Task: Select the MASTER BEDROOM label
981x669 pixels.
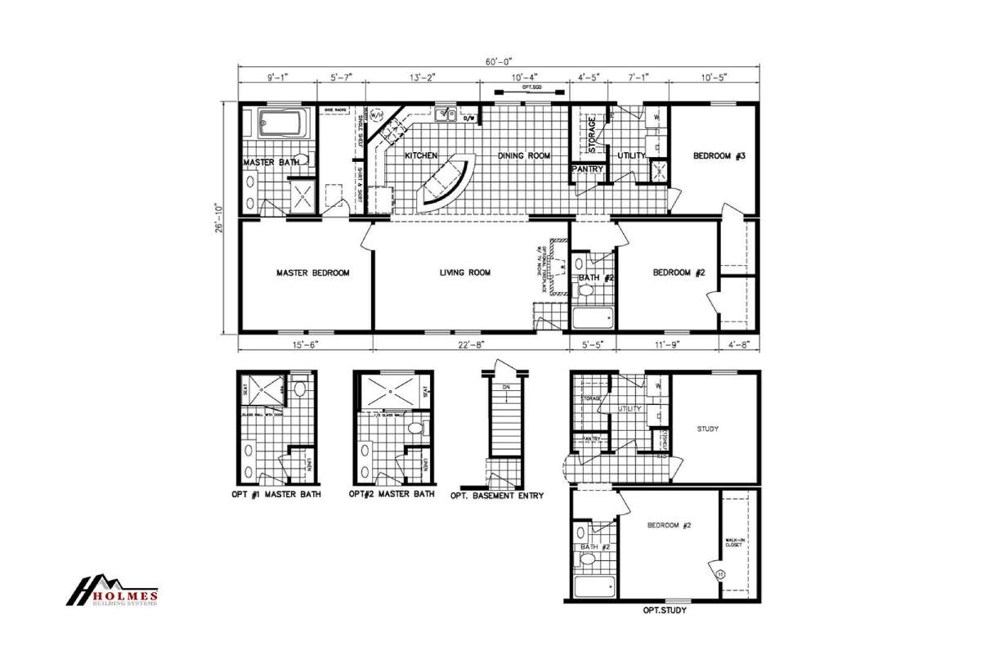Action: point(313,273)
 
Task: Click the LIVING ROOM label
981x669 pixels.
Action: point(465,273)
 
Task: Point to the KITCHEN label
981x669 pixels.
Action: point(422,155)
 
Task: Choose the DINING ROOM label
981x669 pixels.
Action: point(524,155)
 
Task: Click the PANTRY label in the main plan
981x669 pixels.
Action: point(589,170)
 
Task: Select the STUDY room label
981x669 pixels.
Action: point(707,428)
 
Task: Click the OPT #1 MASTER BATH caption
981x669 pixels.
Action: point(277,494)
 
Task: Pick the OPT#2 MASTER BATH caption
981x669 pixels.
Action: point(392,494)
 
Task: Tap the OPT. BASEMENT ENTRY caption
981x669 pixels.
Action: point(496,495)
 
